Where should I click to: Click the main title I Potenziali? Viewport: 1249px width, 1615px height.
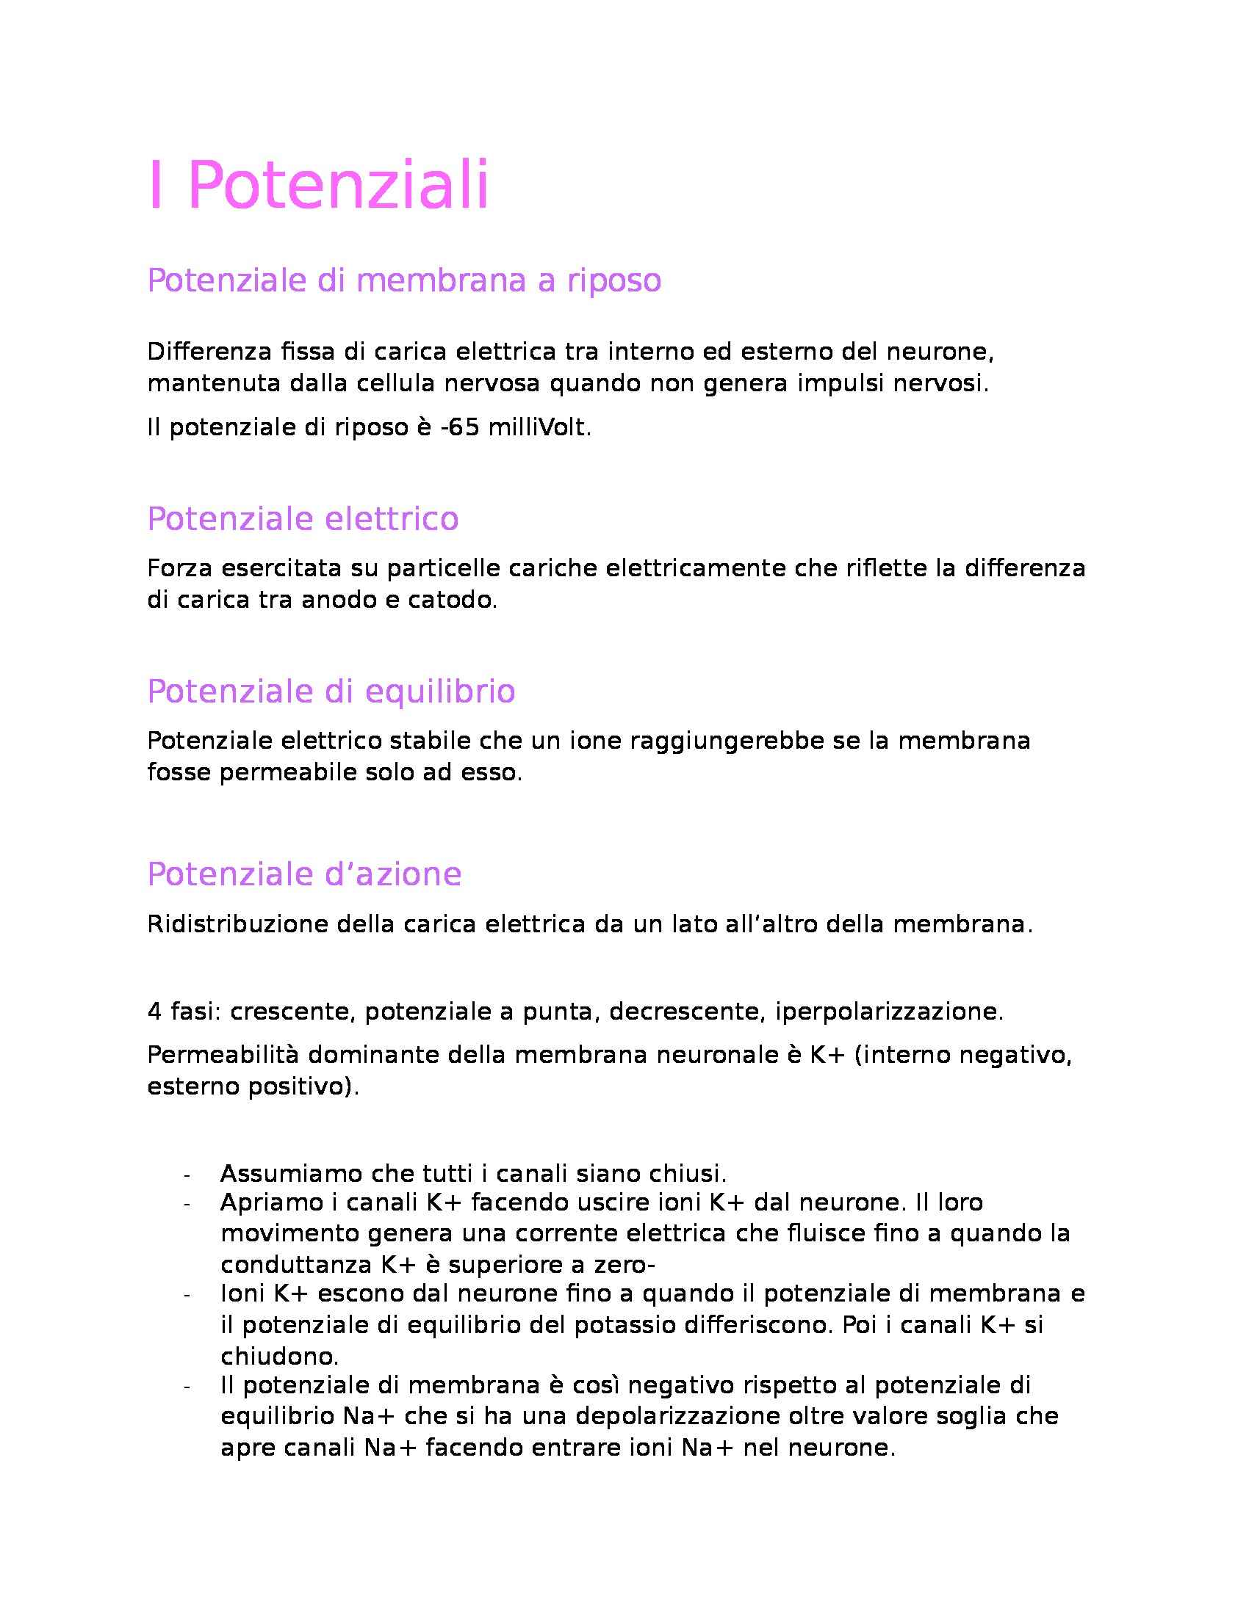tap(318, 185)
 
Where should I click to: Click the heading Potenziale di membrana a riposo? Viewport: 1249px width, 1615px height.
tap(404, 280)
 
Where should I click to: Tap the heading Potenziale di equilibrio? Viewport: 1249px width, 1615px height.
tap(331, 692)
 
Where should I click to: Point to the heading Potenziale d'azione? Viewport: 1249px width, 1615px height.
tap(304, 874)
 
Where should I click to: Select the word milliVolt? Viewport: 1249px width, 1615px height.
tap(539, 429)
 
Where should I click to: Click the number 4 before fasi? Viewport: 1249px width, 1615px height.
tap(154, 1012)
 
